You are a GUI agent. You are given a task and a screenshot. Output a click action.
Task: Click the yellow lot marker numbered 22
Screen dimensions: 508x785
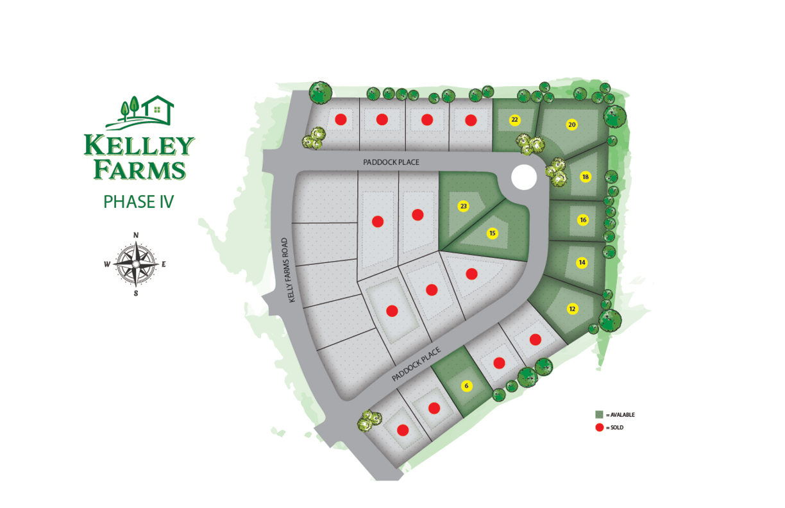point(514,120)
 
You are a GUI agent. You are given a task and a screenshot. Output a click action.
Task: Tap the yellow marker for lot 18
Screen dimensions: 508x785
point(585,177)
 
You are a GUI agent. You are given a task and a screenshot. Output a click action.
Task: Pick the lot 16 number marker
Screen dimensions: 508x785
point(583,220)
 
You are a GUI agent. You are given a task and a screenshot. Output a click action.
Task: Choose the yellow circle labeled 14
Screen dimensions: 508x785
point(582,262)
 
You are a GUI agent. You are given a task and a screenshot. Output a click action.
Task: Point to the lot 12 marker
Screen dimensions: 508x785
point(573,309)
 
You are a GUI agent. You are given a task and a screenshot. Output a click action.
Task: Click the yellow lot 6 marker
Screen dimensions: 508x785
point(467,386)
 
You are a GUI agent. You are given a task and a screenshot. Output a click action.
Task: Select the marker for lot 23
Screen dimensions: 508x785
point(464,206)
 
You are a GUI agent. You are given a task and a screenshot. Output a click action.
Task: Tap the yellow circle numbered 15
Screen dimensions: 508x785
point(493,233)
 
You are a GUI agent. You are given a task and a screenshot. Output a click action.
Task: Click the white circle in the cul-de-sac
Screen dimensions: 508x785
point(524,177)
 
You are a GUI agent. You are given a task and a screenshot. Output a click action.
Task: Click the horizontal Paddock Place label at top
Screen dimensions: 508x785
point(391,162)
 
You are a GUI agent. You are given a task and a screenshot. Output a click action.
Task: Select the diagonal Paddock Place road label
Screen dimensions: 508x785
point(416,364)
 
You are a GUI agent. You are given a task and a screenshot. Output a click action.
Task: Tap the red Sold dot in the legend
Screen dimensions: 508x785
point(600,427)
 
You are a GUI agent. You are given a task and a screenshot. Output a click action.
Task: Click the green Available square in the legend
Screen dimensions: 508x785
point(600,414)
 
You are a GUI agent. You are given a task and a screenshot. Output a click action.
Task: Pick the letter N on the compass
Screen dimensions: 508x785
point(136,235)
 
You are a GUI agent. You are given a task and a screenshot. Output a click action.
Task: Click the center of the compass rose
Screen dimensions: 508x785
point(136,264)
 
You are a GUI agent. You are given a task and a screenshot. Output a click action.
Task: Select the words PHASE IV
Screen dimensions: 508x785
point(139,202)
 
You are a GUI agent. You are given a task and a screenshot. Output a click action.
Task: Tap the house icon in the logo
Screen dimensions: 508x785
point(157,109)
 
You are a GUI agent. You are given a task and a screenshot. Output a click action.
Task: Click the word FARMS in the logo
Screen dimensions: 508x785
point(140,170)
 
